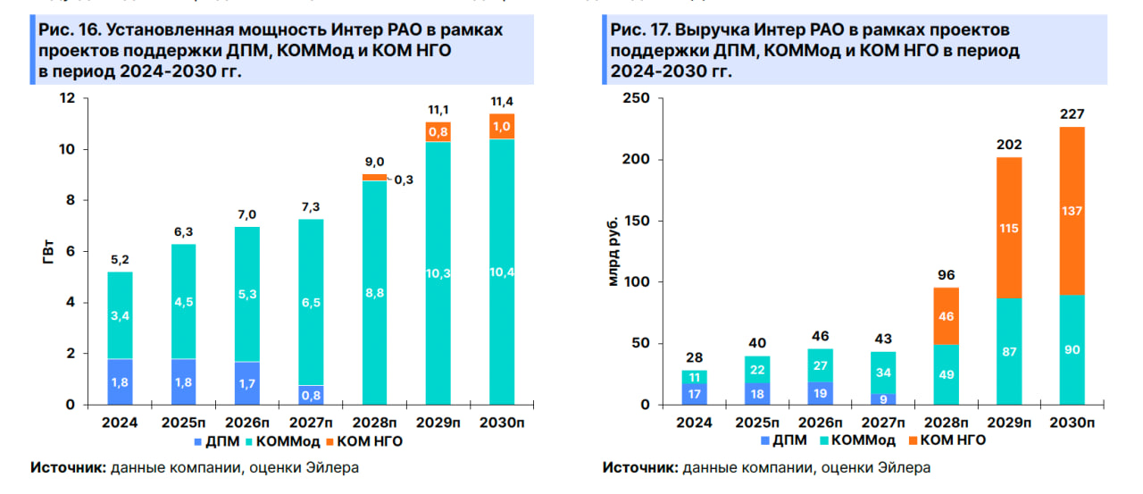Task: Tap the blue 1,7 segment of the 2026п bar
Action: tap(241, 383)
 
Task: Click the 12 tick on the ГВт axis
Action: tap(67, 98)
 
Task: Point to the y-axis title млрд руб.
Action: tap(613, 253)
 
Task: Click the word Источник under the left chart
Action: tap(67, 467)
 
